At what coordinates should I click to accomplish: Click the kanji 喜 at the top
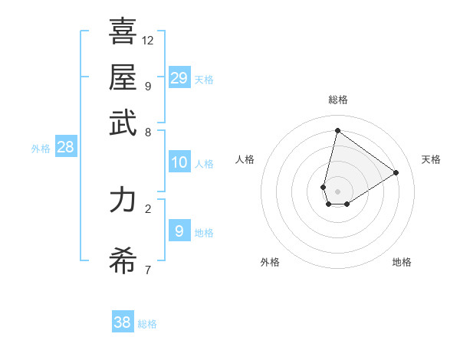123,32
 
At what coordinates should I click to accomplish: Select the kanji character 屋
123,78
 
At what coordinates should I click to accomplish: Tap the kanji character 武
123,123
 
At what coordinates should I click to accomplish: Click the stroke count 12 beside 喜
148,40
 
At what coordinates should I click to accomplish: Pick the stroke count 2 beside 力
148,208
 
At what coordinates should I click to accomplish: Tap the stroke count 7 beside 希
148,270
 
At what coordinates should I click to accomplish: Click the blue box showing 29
179,77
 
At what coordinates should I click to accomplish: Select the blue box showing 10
179,162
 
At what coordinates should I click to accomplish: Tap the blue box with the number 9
179,231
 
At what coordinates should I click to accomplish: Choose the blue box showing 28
66,148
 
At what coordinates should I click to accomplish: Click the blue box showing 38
123,322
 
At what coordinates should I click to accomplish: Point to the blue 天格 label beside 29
204,80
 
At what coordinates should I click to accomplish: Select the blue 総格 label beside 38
147,324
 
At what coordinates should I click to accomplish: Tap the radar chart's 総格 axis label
337,100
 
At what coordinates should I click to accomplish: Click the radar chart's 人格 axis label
245,159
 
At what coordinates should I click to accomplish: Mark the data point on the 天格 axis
396,172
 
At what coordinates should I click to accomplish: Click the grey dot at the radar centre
337,191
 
